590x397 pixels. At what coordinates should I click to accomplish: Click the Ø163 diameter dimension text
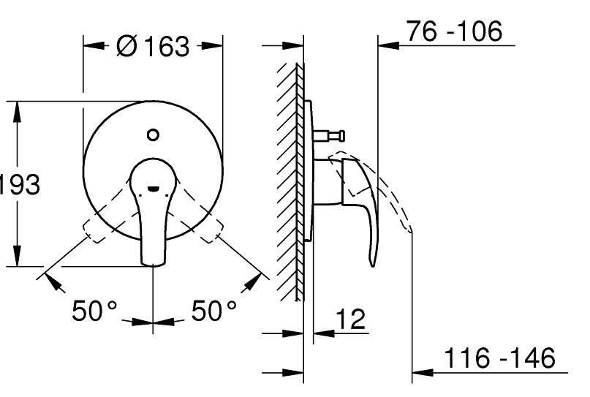click(153, 47)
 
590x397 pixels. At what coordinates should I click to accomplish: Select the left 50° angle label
click(94, 312)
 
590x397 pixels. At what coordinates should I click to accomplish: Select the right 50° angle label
click(213, 312)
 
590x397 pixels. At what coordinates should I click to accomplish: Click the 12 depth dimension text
click(351, 320)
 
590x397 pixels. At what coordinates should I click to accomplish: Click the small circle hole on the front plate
click(152, 135)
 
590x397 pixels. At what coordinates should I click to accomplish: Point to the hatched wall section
click(290, 183)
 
